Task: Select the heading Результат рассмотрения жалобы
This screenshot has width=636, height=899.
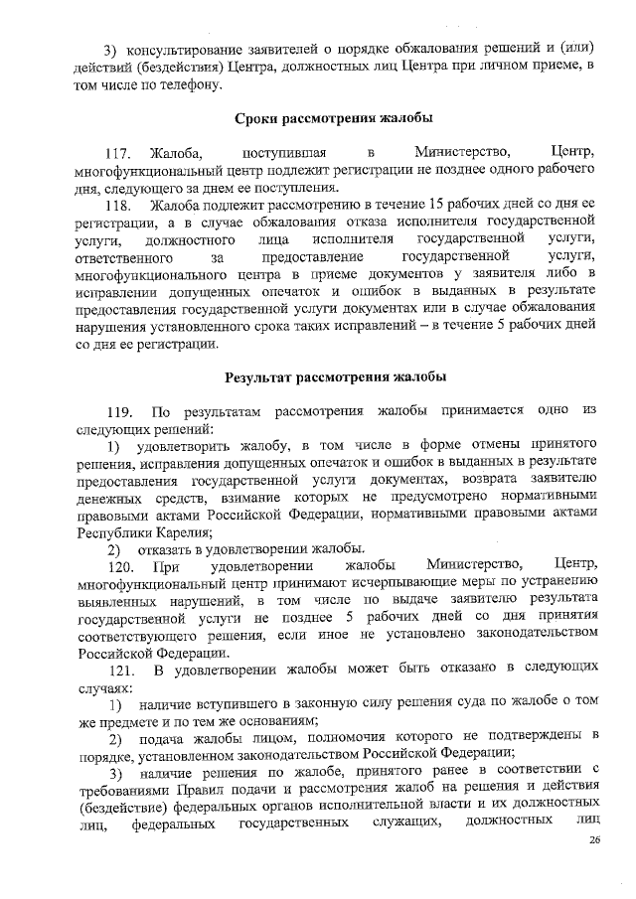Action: tap(335, 377)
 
